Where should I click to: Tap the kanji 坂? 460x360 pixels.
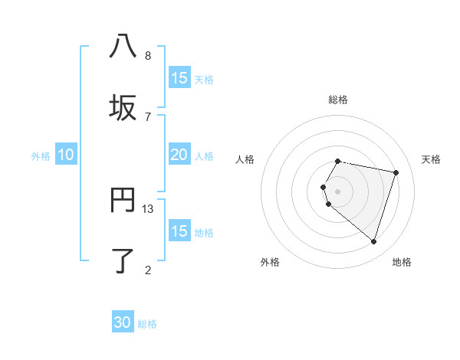point(123,108)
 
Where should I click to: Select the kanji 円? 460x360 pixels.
point(123,200)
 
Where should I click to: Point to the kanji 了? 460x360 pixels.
point(123,260)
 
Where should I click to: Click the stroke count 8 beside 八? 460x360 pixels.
point(148,56)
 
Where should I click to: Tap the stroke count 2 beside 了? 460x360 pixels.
point(148,270)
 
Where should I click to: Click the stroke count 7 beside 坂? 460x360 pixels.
point(148,116)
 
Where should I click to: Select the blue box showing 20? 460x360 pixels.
point(179,155)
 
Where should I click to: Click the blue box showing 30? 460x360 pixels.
point(123,322)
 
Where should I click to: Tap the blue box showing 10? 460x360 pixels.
point(66,155)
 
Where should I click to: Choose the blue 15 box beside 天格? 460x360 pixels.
point(179,78)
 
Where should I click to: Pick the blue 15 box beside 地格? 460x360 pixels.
point(179,231)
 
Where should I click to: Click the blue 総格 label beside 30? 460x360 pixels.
point(147,324)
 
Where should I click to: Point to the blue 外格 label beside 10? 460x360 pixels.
point(41,156)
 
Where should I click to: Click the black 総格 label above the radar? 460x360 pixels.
point(338,100)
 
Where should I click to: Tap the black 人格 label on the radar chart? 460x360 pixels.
point(245,159)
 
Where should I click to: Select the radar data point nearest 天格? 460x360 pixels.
point(396,172)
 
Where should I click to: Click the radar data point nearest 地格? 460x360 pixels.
point(373,242)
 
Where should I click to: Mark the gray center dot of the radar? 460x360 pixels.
point(338,191)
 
